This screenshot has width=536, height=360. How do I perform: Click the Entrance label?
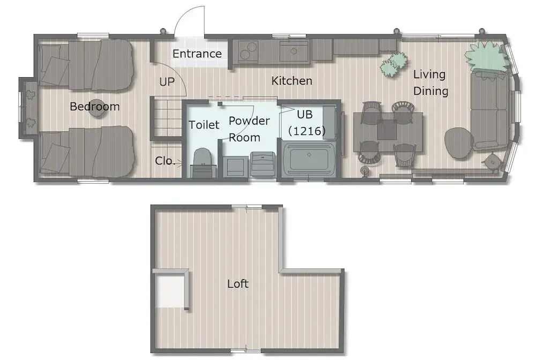click(x=197, y=54)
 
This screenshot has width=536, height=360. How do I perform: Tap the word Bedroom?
click(x=95, y=107)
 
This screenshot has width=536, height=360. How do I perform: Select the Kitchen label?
click(x=292, y=81)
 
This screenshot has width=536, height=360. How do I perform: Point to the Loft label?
click(x=238, y=283)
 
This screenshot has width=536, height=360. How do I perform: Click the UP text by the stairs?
click(x=167, y=81)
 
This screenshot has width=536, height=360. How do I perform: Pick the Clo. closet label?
click(x=165, y=161)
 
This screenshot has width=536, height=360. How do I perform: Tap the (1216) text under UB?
click(x=307, y=131)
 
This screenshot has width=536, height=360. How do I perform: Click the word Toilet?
click(x=204, y=125)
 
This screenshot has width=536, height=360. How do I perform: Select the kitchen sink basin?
click(x=294, y=52)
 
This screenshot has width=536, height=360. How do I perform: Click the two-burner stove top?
click(x=248, y=51)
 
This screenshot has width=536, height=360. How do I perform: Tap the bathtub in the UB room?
click(x=309, y=158)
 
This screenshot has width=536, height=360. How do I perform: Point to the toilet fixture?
click(x=203, y=162)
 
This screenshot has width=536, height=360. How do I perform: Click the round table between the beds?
click(x=97, y=109)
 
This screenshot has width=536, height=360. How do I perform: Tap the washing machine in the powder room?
click(x=262, y=164)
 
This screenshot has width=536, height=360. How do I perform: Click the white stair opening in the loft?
click(x=169, y=290)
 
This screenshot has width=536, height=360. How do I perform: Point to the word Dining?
click(x=431, y=91)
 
